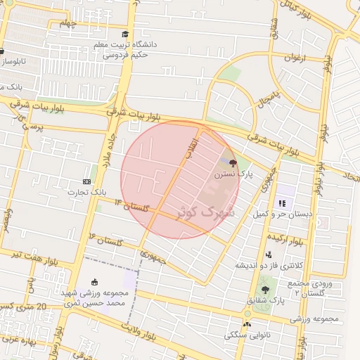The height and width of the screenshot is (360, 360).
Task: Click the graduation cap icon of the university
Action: [125, 34]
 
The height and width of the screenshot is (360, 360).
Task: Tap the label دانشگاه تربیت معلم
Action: [130, 44]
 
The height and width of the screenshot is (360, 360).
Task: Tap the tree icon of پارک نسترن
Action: [233, 162]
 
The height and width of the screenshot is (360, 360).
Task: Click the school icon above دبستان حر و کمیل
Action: [282, 202]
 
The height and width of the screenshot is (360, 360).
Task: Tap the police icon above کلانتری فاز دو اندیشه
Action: [269, 255]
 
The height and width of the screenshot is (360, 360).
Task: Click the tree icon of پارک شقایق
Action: [265, 290]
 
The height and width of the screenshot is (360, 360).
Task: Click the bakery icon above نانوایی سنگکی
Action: [247, 324]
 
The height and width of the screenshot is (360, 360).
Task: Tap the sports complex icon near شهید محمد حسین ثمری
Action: [95, 281]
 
